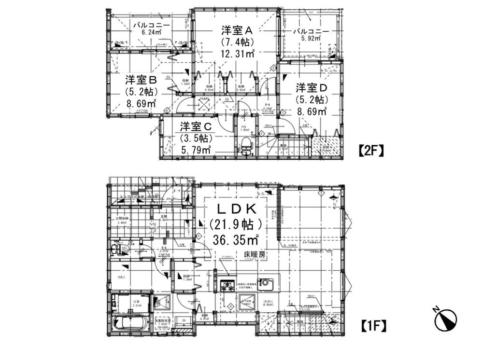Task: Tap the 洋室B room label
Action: (x=141, y=80)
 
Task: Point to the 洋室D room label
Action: (x=312, y=88)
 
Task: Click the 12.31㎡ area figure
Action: (x=237, y=54)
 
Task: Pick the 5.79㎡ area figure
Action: (x=196, y=150)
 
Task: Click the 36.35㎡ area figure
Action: (x=235, y=239)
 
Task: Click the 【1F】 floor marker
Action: (x=373, y=326)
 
